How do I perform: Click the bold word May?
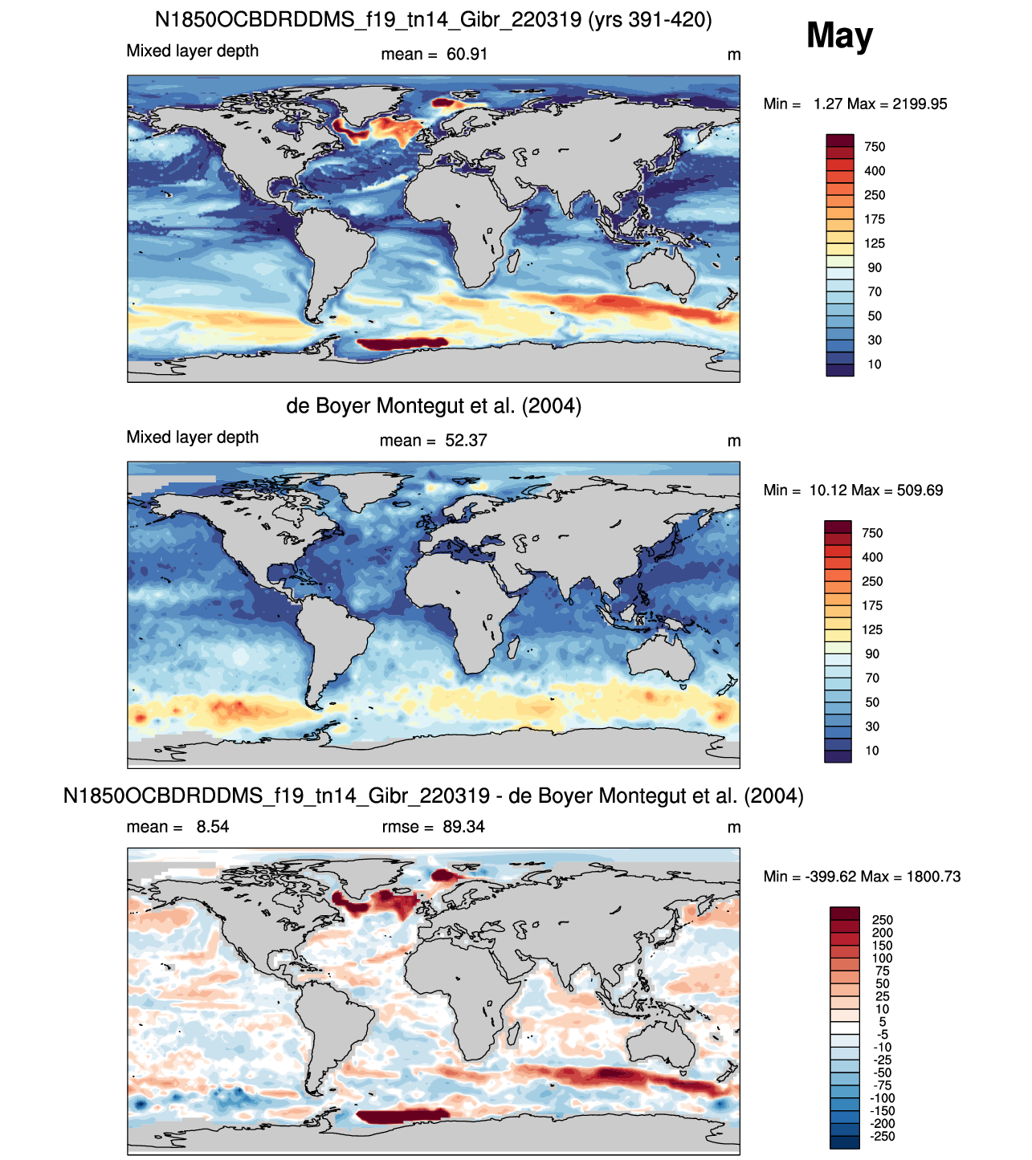[839, 36]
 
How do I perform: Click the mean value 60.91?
[467, 55]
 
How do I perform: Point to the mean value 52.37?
[466, 440]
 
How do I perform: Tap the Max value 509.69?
[917, 490]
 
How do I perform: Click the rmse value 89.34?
[463, 827]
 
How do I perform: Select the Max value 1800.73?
[933, 877]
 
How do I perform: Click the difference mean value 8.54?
[213, 827]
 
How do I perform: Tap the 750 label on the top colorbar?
[875, 147]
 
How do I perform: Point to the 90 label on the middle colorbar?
[872, 654]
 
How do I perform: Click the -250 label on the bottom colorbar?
[882, 1137]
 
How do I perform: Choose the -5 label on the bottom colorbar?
[883, 1035]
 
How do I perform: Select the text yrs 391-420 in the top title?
[650, 20]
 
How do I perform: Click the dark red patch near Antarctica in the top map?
[402, 344]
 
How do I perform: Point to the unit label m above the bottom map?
[733, 828]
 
